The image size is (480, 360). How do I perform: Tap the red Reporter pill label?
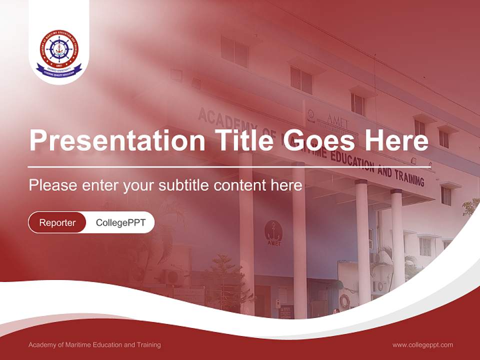(57, 222)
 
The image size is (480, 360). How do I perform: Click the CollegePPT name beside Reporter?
(120, 222)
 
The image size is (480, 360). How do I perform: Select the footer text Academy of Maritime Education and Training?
(94, 345)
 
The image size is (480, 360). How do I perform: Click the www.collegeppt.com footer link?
(422, 345)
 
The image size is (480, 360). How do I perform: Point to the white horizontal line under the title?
(229, 166)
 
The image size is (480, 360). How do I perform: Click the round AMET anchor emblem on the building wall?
(273, 233)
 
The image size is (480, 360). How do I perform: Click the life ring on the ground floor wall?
(344, 301)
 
